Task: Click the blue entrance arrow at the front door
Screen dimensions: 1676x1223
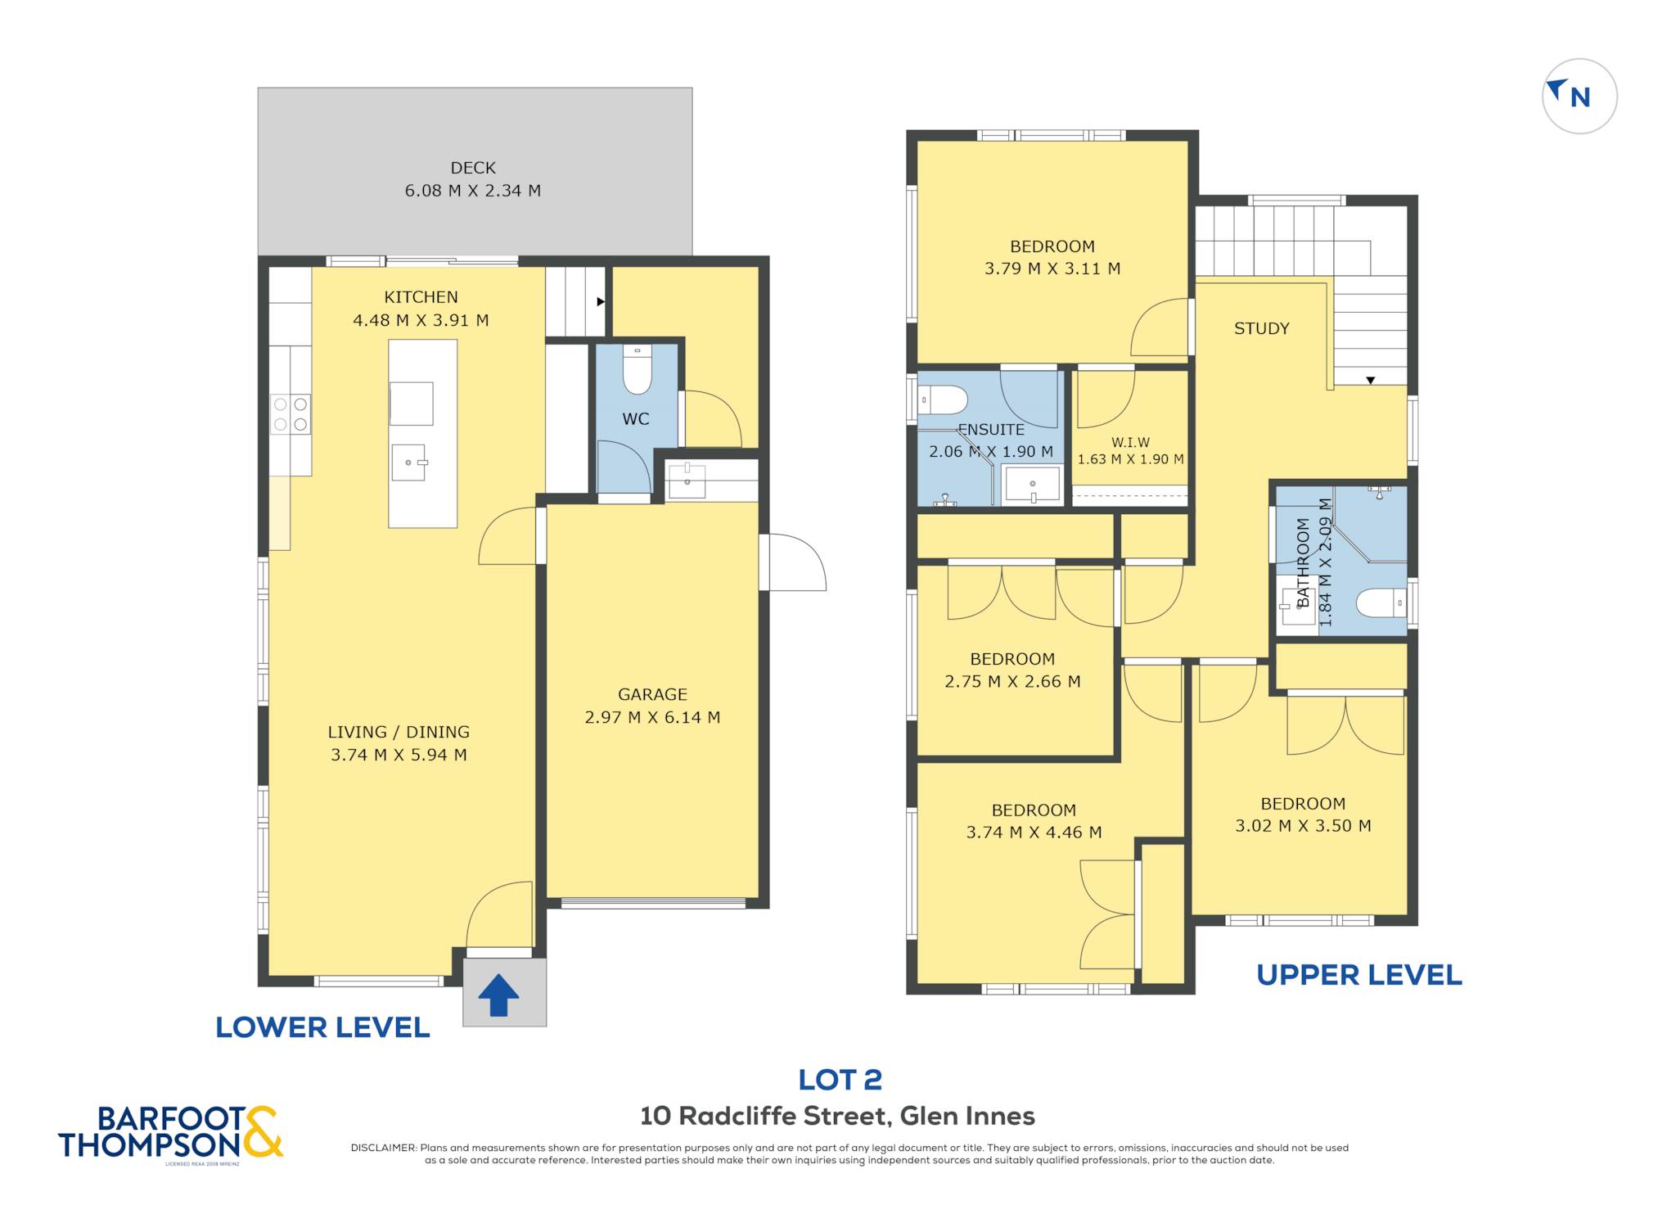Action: pos(498,995)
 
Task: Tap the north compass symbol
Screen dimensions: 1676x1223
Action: pos(1579,96)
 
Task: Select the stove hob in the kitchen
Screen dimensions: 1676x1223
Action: pos(291,413)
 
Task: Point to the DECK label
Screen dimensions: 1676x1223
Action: pos(473,168)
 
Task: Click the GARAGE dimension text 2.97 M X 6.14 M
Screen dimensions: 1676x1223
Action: pos(652,718)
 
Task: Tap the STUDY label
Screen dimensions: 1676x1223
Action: pos(1261,328)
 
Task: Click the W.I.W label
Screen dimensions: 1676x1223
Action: pos(1130,442)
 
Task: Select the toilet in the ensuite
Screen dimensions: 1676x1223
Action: pos(943,400)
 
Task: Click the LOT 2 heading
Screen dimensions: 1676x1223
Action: pos(840,1080)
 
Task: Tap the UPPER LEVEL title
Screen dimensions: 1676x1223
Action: pos(1359,975)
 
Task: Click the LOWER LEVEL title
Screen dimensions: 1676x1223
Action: pos(322,1027)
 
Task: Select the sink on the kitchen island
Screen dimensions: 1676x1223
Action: pos(409,463)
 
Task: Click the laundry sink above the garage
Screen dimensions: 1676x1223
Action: pos(687,481)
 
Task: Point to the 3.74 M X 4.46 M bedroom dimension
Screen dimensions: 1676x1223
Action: pos(1034,833)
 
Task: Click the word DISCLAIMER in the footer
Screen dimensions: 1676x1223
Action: pos(384,1148)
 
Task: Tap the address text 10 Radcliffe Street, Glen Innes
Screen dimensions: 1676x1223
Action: pos(837,1116)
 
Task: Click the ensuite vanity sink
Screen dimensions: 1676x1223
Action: pos(1033,484)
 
